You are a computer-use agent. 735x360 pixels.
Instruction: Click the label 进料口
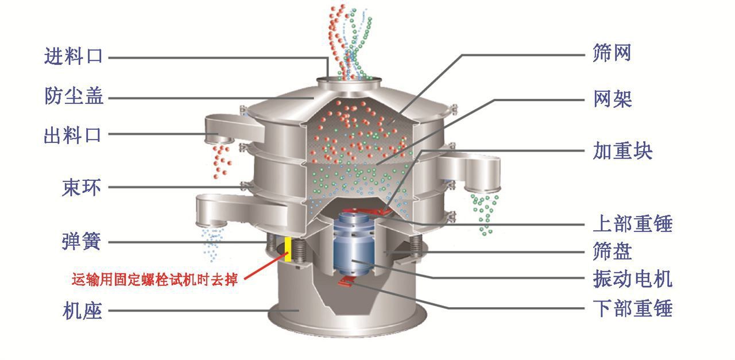point(73,56)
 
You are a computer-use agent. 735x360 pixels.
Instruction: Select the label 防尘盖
point(74,96)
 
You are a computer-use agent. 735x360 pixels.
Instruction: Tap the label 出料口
point(73,136)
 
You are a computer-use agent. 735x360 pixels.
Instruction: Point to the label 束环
point(81,187)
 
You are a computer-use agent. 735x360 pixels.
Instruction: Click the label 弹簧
point(81,242)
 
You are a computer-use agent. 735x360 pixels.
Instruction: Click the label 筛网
point(612,53)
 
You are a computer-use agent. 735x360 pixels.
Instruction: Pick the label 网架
point(612,99)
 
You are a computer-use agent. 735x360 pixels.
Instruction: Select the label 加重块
point(622,152)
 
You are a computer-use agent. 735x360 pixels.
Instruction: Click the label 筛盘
point(612,251)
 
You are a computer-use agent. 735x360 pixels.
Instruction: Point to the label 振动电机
point(632,279)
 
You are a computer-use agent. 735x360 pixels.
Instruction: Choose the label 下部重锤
point(632,309)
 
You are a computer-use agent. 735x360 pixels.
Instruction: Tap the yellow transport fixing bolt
point(288,248)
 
